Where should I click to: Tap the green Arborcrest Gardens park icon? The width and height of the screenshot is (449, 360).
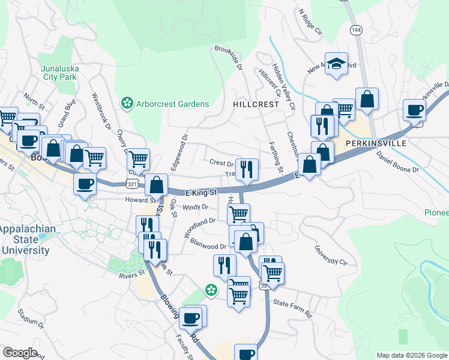pos(127,104)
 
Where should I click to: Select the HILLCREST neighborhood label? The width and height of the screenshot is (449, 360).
pos(256,104)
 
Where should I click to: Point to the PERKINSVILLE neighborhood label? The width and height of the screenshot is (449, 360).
pos(376,144)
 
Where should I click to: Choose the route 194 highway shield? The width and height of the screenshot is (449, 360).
pos(355,30)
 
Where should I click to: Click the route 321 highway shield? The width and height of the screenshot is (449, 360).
pos(134,180)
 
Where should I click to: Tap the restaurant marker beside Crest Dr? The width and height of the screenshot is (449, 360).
pos(247,169)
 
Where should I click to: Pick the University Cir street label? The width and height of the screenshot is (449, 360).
pos(331,254)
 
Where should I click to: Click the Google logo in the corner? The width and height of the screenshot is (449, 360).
pos(20,353)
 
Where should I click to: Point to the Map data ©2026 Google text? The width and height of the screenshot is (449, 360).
pos(411,355)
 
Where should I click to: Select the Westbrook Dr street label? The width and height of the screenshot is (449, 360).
pos(101,110)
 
